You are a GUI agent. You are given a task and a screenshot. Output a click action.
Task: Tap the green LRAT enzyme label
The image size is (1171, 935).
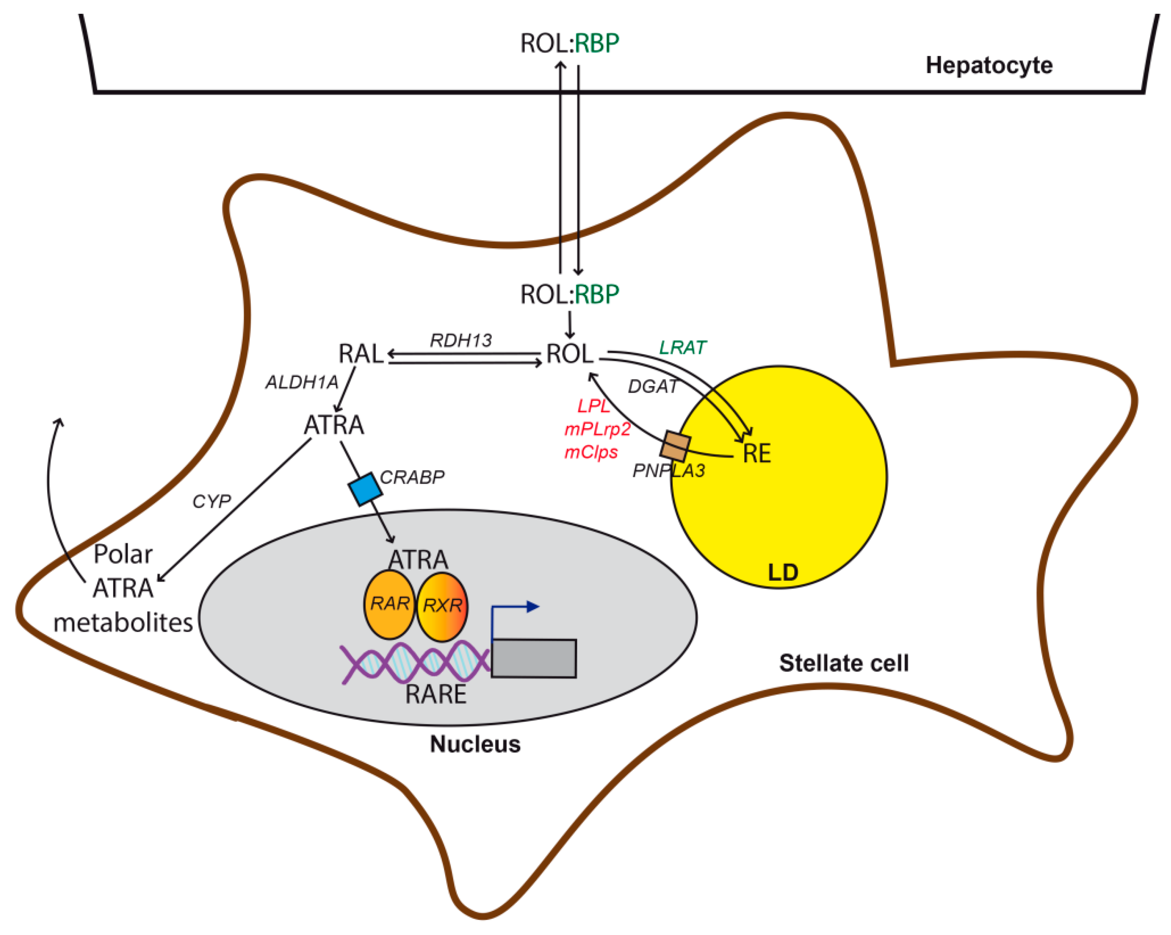click(x=683, y=348)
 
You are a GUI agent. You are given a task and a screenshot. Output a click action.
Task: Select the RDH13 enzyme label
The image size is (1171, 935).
click(x=461, y=340)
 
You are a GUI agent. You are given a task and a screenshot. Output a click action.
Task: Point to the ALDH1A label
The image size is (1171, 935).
click(x=302, y=383)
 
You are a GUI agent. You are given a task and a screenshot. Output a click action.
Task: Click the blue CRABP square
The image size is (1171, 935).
click(x=365, y=489)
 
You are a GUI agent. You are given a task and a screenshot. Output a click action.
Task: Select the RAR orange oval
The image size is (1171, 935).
click(x=389, y=604)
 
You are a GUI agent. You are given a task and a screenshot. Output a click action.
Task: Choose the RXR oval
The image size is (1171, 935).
click(x=442, y=606)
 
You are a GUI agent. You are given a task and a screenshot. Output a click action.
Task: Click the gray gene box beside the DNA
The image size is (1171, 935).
click(x=534, y=658)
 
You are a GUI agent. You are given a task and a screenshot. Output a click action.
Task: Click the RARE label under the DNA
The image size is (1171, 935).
click(x=436, y=694)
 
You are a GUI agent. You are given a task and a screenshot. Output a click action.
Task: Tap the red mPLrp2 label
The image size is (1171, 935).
click(x=597, y=430)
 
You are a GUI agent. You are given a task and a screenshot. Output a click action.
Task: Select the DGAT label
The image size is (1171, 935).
click(x=653, y=386)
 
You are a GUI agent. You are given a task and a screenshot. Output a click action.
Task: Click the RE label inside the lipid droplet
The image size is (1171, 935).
click(x=757, y=453)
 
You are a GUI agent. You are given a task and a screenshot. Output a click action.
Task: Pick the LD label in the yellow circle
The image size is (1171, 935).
click(x=783, y=572)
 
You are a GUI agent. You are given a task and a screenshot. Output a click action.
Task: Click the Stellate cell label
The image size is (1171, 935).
click(x=844, y=663)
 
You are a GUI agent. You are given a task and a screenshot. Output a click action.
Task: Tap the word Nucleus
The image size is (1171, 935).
click(x=475, y=744)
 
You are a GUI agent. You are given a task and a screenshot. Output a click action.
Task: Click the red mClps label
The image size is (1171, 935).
click(x=591, y=452)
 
